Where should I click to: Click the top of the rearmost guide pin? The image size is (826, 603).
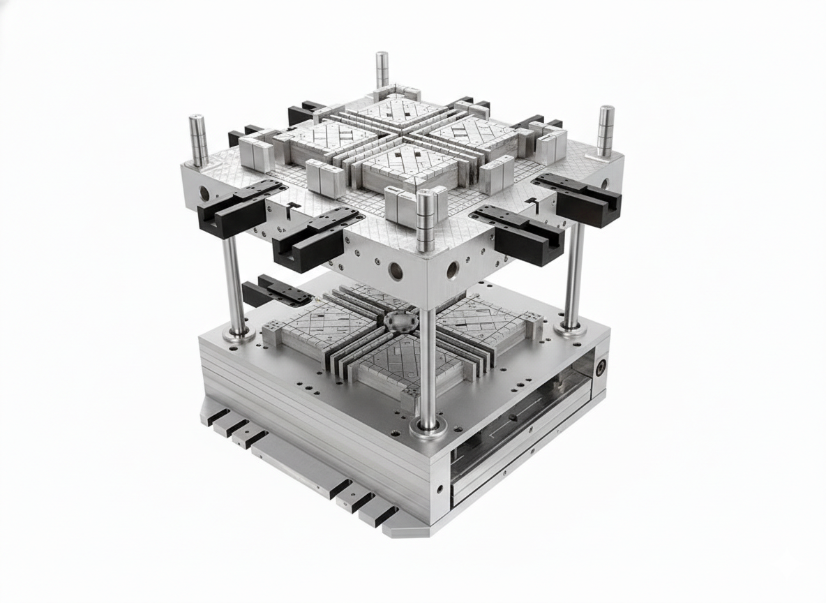382,57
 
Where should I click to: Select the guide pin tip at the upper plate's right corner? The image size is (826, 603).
606,112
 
